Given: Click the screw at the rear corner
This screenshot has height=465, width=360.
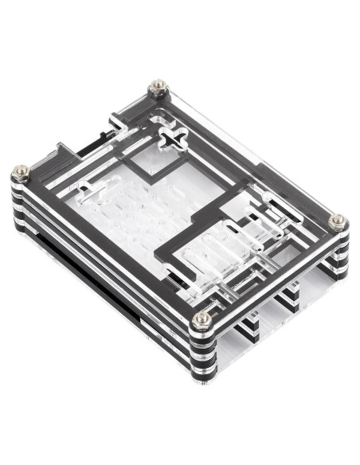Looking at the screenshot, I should click(158, 84).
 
